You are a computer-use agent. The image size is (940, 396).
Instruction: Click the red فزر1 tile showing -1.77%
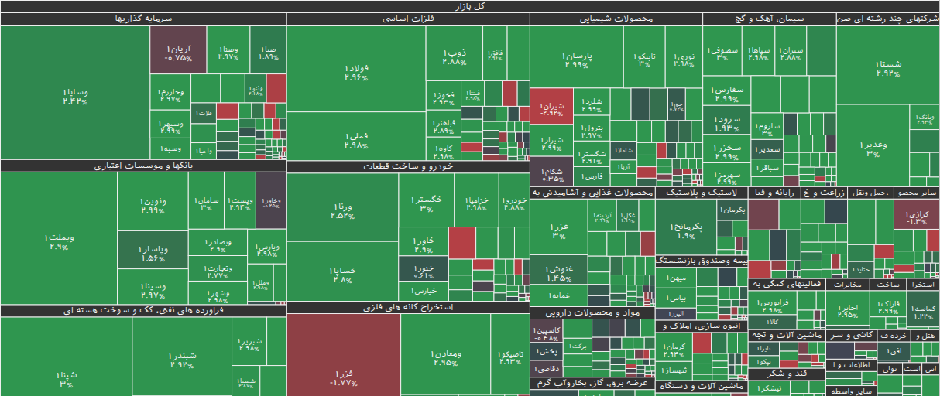pyautogui.click(x=343, y=377)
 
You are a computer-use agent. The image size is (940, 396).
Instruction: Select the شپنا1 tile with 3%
pyautogui.click(x=67, y=378)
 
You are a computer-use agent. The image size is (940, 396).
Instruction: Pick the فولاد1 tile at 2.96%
pyautogui.click(x=356, y=73)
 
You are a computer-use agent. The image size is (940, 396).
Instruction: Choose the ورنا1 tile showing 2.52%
pyautogui.click(x=342, y=210)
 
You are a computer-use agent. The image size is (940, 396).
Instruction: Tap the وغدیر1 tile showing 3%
pyautogui.click(x=873, y=148)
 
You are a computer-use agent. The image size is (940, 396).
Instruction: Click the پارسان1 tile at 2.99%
pyautogui.click(x=577, y=60)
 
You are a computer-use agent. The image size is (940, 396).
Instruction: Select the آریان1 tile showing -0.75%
pyautogui.click(x=178, y=53)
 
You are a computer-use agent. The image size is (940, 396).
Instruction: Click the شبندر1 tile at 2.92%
pyautogui.click(x=181, y=360)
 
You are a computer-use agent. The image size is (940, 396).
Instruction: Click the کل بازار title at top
pyautogui.click(x=470, y=6)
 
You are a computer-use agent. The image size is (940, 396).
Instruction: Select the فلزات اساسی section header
pyautogui.click(x=408, y=19)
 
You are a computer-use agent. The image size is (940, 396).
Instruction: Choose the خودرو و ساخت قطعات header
pyautogui.click(x=408, y=166)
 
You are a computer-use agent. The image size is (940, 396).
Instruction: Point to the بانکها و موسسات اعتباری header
pyautogui.click(x=143, y=166)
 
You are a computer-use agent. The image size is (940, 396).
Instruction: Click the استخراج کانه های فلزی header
pyautogui.click(x=408, y=307)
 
